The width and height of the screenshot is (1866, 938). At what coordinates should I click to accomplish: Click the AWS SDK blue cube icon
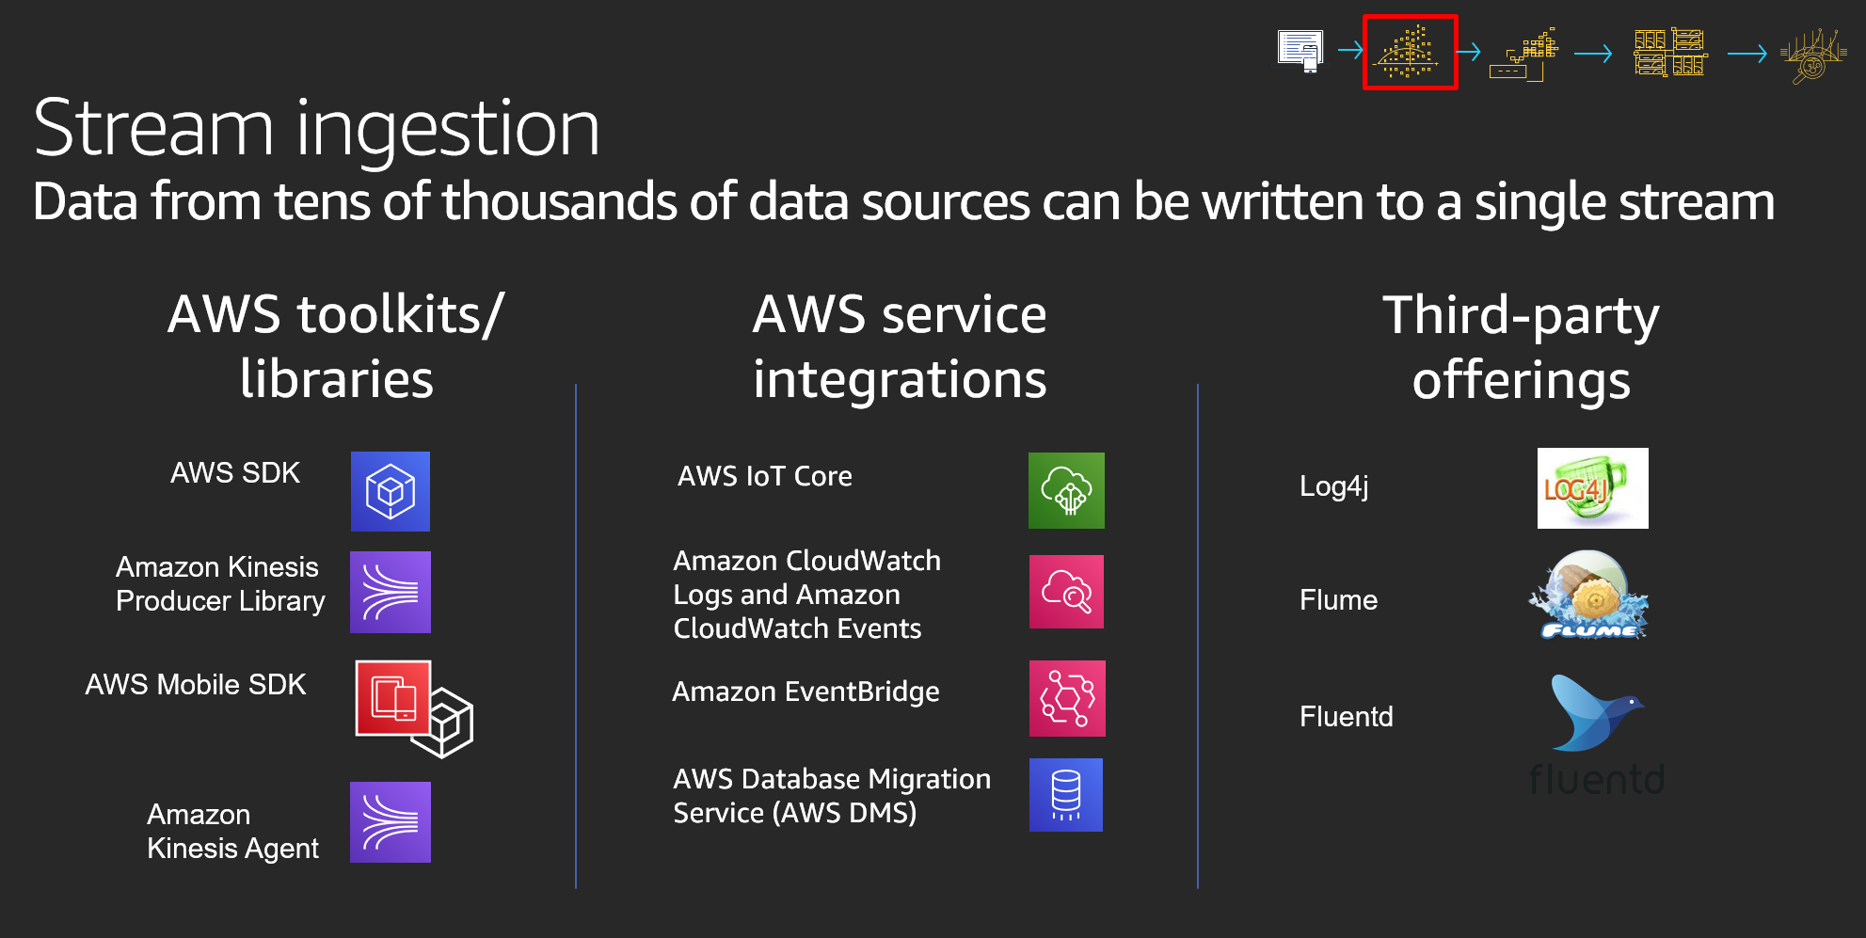(x=391, y=491)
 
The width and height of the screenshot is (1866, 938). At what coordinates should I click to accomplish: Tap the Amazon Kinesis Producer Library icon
(x=391, y=592)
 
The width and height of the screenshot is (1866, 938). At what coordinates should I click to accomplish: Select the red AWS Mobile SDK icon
(x=393, y=698)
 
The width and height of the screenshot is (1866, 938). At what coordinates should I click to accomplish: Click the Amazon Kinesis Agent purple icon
(x=391, y=822)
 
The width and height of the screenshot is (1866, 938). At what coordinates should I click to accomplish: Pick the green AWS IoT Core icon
(x=1066, y=490)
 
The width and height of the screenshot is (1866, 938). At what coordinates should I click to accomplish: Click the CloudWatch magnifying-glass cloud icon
(x=1066, y=592)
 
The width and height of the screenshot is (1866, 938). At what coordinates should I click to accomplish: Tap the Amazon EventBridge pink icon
(x=1067, y=698)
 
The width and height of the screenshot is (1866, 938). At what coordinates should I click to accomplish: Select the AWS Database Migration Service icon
(x=1066, y=795)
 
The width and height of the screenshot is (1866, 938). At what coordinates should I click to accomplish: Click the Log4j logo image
(x=1592, y=488)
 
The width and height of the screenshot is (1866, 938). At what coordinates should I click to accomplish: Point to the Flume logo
(x=1588, y=596)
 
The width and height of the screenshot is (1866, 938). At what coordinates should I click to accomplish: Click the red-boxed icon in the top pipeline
(x=1410, y=52)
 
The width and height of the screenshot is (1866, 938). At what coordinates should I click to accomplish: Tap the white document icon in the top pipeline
(x=1300, y=51)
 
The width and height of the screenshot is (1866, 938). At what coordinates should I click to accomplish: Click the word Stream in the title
(x=153, y=128)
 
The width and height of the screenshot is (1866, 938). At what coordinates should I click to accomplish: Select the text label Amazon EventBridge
(x=805, y=692)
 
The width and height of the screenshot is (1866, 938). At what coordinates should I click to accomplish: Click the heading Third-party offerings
(x=1522, y=347)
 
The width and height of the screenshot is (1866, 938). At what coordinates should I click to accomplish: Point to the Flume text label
(x=1338, y=600)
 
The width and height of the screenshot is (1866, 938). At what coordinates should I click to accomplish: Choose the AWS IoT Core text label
(x=765, y=476)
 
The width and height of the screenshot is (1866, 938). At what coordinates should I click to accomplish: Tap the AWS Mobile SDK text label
(x=196, y=685)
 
